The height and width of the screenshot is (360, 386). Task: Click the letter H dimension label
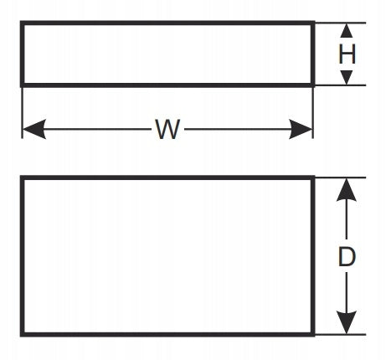(x=347, y=54)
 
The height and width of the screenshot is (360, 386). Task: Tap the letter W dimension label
(x=167, y=129)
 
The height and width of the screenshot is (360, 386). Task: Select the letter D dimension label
(x=347, y=257)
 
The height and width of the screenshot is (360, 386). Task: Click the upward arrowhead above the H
(x=347, y=30)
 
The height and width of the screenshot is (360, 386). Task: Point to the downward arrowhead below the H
(x=347, y=78)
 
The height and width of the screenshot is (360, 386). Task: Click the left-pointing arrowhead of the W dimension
(x=34, y=129)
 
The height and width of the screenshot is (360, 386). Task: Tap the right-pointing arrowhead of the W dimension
(x=301, y=129)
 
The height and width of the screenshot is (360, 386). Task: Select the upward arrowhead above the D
(x=347, y=190)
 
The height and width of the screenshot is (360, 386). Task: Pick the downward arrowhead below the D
(x=347, y=322)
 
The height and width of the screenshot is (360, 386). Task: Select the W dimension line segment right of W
(x=237, y=129)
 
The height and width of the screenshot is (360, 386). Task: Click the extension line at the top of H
(x=341, y=23)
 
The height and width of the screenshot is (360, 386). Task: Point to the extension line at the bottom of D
(x=341, y=334)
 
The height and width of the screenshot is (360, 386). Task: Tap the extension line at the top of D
(x=341, y=177)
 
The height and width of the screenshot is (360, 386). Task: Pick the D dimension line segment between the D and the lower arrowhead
(x=347, y=292)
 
